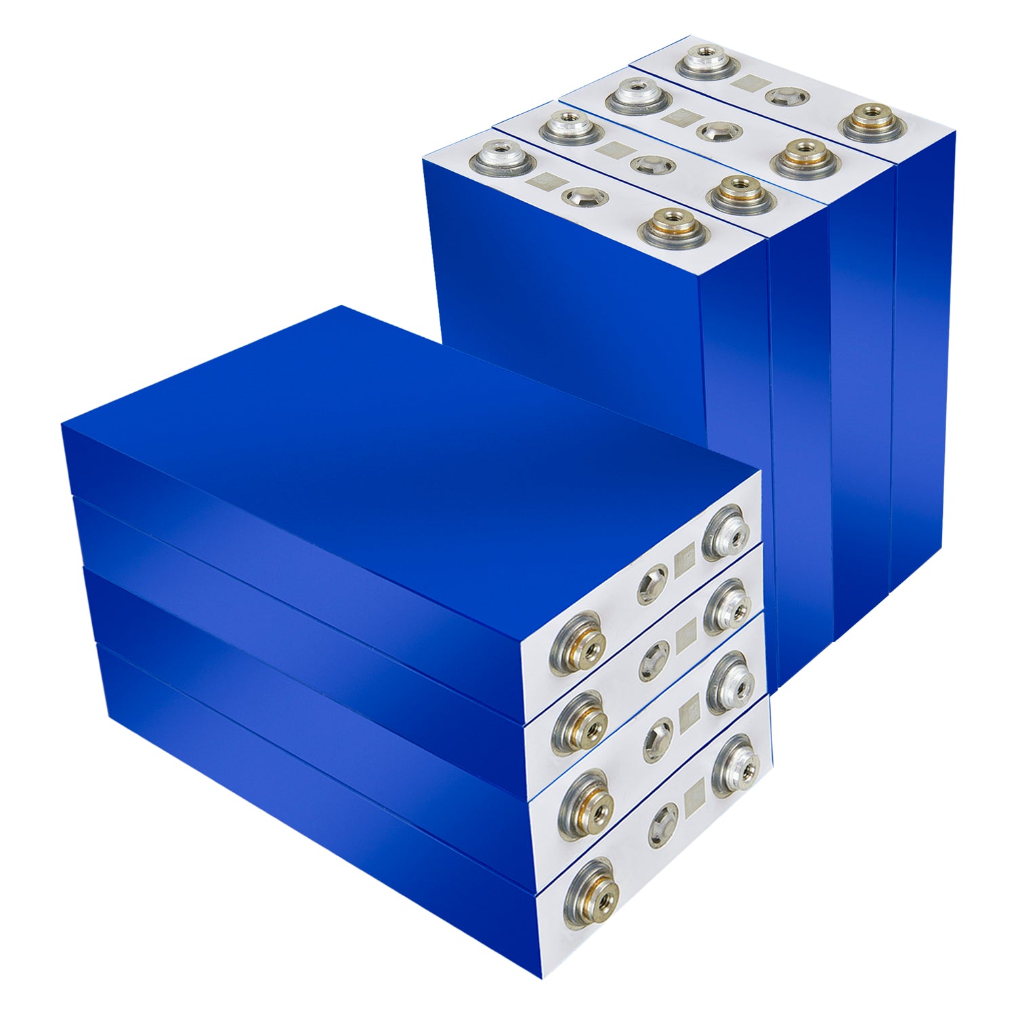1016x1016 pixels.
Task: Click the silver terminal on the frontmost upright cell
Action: [503, 158]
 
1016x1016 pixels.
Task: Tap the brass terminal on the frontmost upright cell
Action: [674, 226]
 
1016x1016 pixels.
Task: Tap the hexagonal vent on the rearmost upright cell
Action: [786, 96]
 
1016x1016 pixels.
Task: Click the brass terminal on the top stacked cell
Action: [576, 643]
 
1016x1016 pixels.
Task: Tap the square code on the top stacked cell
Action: [685, 561]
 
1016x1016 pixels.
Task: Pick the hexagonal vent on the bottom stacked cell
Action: [662, 824]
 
